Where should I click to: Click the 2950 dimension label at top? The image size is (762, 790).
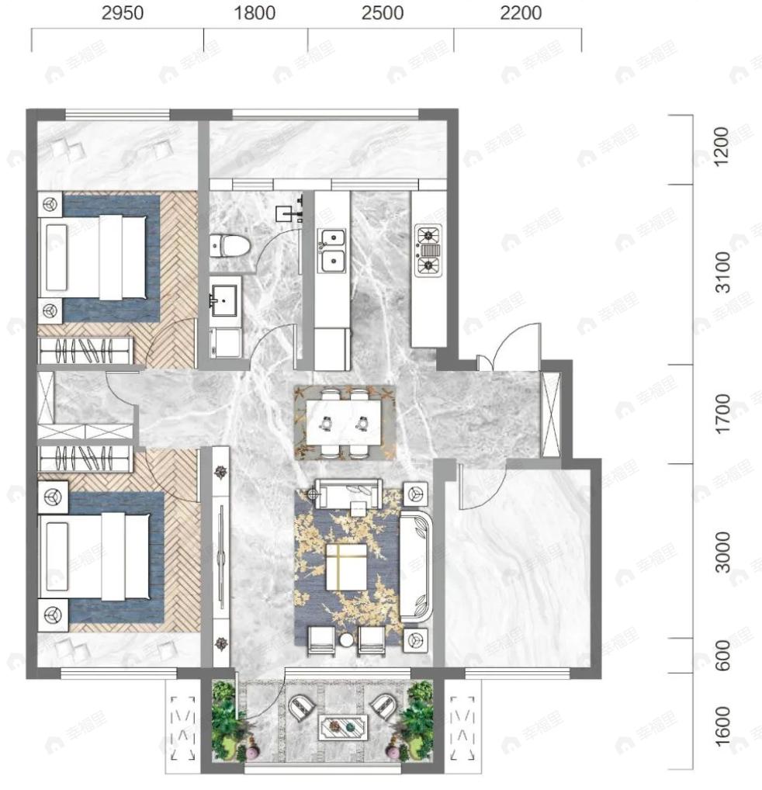(123, 12)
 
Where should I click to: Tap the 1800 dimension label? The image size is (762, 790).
(255, 12)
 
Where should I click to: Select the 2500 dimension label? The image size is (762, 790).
(383, 12)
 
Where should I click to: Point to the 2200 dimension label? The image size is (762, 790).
(521, 12)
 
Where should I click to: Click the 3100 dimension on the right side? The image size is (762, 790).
(722, 272)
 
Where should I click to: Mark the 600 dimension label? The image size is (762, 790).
(722, 655)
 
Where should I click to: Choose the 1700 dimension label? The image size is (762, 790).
(722, 413)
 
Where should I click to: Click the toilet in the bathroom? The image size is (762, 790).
(230, 246)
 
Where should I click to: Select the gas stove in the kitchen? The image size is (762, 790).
(428, 250)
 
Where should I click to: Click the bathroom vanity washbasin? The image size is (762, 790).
(223, 301)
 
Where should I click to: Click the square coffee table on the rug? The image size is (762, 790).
(346, 567)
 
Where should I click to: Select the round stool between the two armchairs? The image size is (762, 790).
(347, 640)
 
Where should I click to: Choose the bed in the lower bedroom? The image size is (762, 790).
(95, 556)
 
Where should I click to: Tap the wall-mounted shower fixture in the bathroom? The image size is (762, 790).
(289, 211)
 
